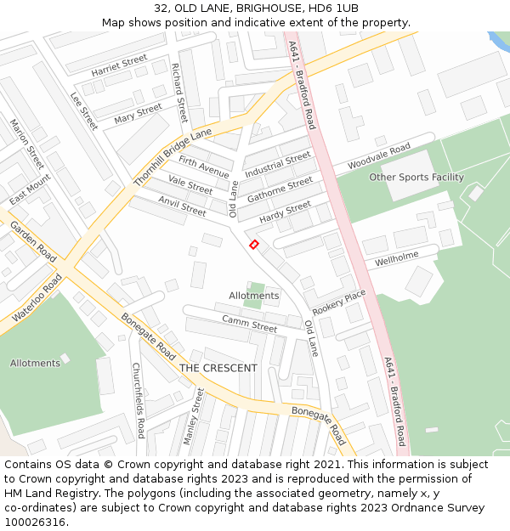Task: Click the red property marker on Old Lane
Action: point(253,245)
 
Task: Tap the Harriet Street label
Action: point(119,66)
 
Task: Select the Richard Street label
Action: point(178,92)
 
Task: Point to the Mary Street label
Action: point(138,113)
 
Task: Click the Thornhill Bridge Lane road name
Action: point(173,158)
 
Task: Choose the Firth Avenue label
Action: point(203,167)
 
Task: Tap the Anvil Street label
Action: point(182,205)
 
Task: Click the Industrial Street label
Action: point(278,165)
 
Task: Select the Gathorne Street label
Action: point(280,190)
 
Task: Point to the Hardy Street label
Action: point(285,212)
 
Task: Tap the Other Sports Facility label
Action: point(416,178)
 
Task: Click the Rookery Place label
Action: point(338,301)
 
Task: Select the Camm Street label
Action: point(250,324)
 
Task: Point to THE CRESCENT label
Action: point(218,368)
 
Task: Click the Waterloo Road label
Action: point(37,298)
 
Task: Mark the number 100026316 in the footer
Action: point(36,522)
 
